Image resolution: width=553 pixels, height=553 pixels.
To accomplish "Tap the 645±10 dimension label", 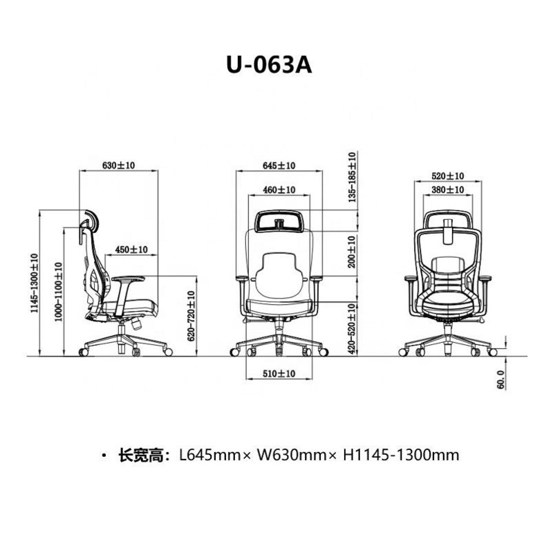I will tap(279, 166).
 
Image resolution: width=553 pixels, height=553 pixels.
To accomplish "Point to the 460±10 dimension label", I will tap(279, 189).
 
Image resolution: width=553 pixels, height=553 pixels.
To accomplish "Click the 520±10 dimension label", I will tap(447, 176).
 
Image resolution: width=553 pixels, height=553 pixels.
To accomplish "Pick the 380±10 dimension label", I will tap(447, 189).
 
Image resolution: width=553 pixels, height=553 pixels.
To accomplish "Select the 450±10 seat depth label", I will tap(131, 249).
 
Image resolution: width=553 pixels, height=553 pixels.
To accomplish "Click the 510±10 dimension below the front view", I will tap(279, 373).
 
